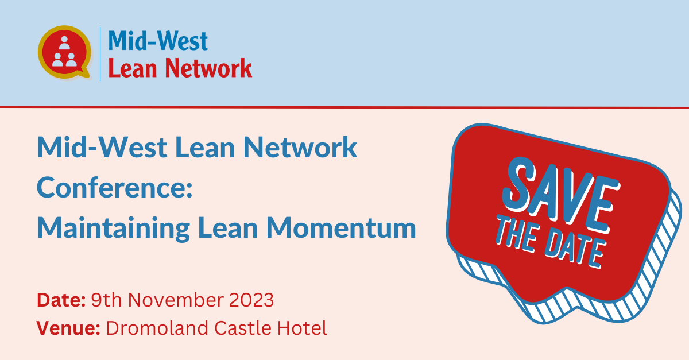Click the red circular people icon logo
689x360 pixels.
tap(64, 52)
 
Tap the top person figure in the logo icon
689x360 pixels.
tap(64, 43)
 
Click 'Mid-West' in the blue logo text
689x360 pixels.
tap(158, 41)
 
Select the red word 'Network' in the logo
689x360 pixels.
tap(208, 68)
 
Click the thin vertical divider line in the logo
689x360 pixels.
tap(100, 54)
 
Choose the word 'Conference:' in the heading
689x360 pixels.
tap(115, 187)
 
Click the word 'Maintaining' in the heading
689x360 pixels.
tap(113, 229)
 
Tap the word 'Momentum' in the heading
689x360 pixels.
tap(341, 228)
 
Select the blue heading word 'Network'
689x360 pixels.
tap(300, 148)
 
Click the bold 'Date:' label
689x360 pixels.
tap(61, 300)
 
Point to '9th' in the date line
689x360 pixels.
tap(106, 300)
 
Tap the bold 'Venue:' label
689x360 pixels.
tap(68, 328)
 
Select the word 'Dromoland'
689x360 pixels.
tap(157, 328)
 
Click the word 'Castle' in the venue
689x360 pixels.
tap(243, 328)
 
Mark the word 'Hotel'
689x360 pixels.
tap(302, 328)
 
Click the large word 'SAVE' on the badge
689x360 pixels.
tap(562, 194)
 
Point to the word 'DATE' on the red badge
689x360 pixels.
tap(575, 248)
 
